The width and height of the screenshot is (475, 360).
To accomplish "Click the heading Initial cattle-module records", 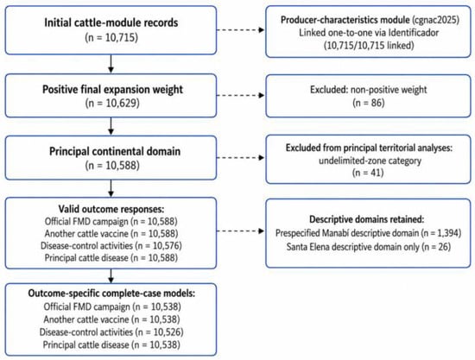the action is tap(111, 22).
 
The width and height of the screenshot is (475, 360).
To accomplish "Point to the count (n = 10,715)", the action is tap(111, 37).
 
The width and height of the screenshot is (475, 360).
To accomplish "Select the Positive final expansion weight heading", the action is tap(112, 89).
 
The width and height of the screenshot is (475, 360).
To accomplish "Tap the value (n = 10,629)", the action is tap(112, 104).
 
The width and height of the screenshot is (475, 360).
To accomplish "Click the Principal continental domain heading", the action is tap(115, 151).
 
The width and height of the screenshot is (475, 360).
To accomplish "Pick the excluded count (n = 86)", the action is tap(369, 103).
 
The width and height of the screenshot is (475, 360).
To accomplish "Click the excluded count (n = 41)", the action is tap(368, 173).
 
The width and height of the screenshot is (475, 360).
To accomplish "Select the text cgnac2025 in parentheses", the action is tap(435, 20).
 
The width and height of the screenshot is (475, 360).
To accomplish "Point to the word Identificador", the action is tap(413, 33).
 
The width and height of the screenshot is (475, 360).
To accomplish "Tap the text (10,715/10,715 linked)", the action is tap(369, 46).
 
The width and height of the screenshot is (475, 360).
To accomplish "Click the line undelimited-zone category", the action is tap(370, 161).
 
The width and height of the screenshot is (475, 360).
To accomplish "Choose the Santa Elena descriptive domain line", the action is tap(369, 247).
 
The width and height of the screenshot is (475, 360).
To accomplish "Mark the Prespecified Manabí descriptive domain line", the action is tap(369, 233).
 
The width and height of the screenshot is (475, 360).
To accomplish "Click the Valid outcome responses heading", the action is tap(111, 209).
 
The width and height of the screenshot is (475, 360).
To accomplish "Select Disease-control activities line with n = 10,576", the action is tap(111, 245).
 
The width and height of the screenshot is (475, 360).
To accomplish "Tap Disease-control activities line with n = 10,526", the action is tap(111, 332).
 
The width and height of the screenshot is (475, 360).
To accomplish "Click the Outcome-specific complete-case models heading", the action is tap(111, 294).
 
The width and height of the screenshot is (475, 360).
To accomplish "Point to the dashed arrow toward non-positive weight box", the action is tap(241, 95).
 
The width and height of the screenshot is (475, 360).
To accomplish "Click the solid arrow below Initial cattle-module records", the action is tap(111, 64).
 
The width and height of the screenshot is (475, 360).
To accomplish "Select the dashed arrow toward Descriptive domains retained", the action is tap(241, 231).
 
